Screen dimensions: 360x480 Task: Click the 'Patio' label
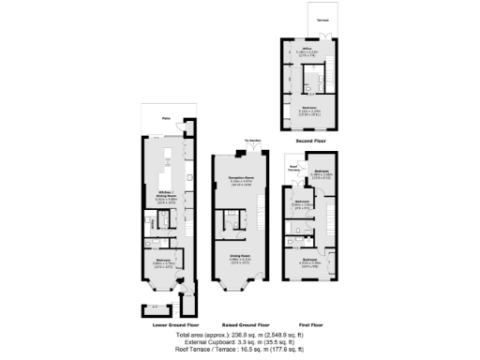click(165, 119)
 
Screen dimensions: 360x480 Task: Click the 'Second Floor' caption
click(310, 140)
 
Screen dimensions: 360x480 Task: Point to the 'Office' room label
click(306, 51)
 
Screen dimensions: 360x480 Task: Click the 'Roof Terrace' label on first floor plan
click(293, 171)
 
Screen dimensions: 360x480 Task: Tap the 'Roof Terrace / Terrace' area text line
click(240, 350)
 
